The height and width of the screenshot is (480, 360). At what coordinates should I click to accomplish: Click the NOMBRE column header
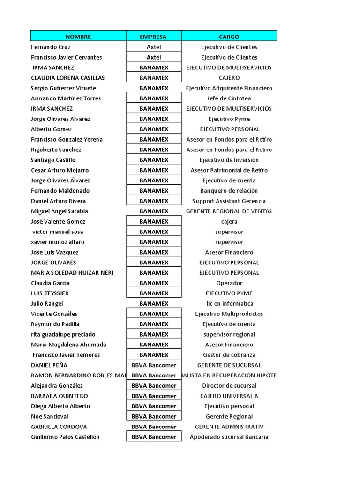click(x=78, y=37)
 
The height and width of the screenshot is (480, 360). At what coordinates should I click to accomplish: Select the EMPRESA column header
click(x=154, y=37)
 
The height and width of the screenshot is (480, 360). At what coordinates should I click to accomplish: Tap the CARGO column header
click(x=229, y=37)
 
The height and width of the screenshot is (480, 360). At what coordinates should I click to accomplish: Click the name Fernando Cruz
click(x=51, y=47)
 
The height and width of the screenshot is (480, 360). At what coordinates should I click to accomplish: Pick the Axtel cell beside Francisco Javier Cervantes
click(x=154, y=57)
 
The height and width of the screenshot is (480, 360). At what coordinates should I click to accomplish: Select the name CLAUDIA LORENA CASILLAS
click(x=67, y=78)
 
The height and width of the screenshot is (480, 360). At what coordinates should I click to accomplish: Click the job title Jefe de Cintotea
click(x=229, y=98)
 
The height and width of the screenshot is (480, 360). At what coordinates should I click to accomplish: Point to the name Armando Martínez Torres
click(x=66, y=98)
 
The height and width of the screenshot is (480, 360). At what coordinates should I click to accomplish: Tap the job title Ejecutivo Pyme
click(x=229, y=119)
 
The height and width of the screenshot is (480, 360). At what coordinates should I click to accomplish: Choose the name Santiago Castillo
click(x=53, y=160)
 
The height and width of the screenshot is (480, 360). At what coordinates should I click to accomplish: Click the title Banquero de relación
click(x=229, y=191)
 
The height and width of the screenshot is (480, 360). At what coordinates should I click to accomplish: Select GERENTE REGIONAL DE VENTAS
click(x=229, y=211)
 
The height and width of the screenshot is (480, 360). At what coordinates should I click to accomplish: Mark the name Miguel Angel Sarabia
click(x=60, y=211)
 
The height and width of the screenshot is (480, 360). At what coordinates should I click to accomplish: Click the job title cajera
click(x=229, y=222)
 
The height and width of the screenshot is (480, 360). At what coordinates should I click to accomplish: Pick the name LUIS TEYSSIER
click(x=50, y=293)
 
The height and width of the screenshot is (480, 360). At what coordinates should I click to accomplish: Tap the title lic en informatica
click(x=229, y=304)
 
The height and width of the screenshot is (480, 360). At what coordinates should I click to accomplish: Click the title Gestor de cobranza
click(x=229, y=355)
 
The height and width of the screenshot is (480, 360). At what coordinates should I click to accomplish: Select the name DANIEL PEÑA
click(x=49, y=365)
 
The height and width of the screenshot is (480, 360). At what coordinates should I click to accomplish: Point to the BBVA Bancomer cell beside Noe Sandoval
click(x=154, y=416)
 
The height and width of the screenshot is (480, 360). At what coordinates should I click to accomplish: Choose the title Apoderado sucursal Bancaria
click(x=229, y=437)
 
